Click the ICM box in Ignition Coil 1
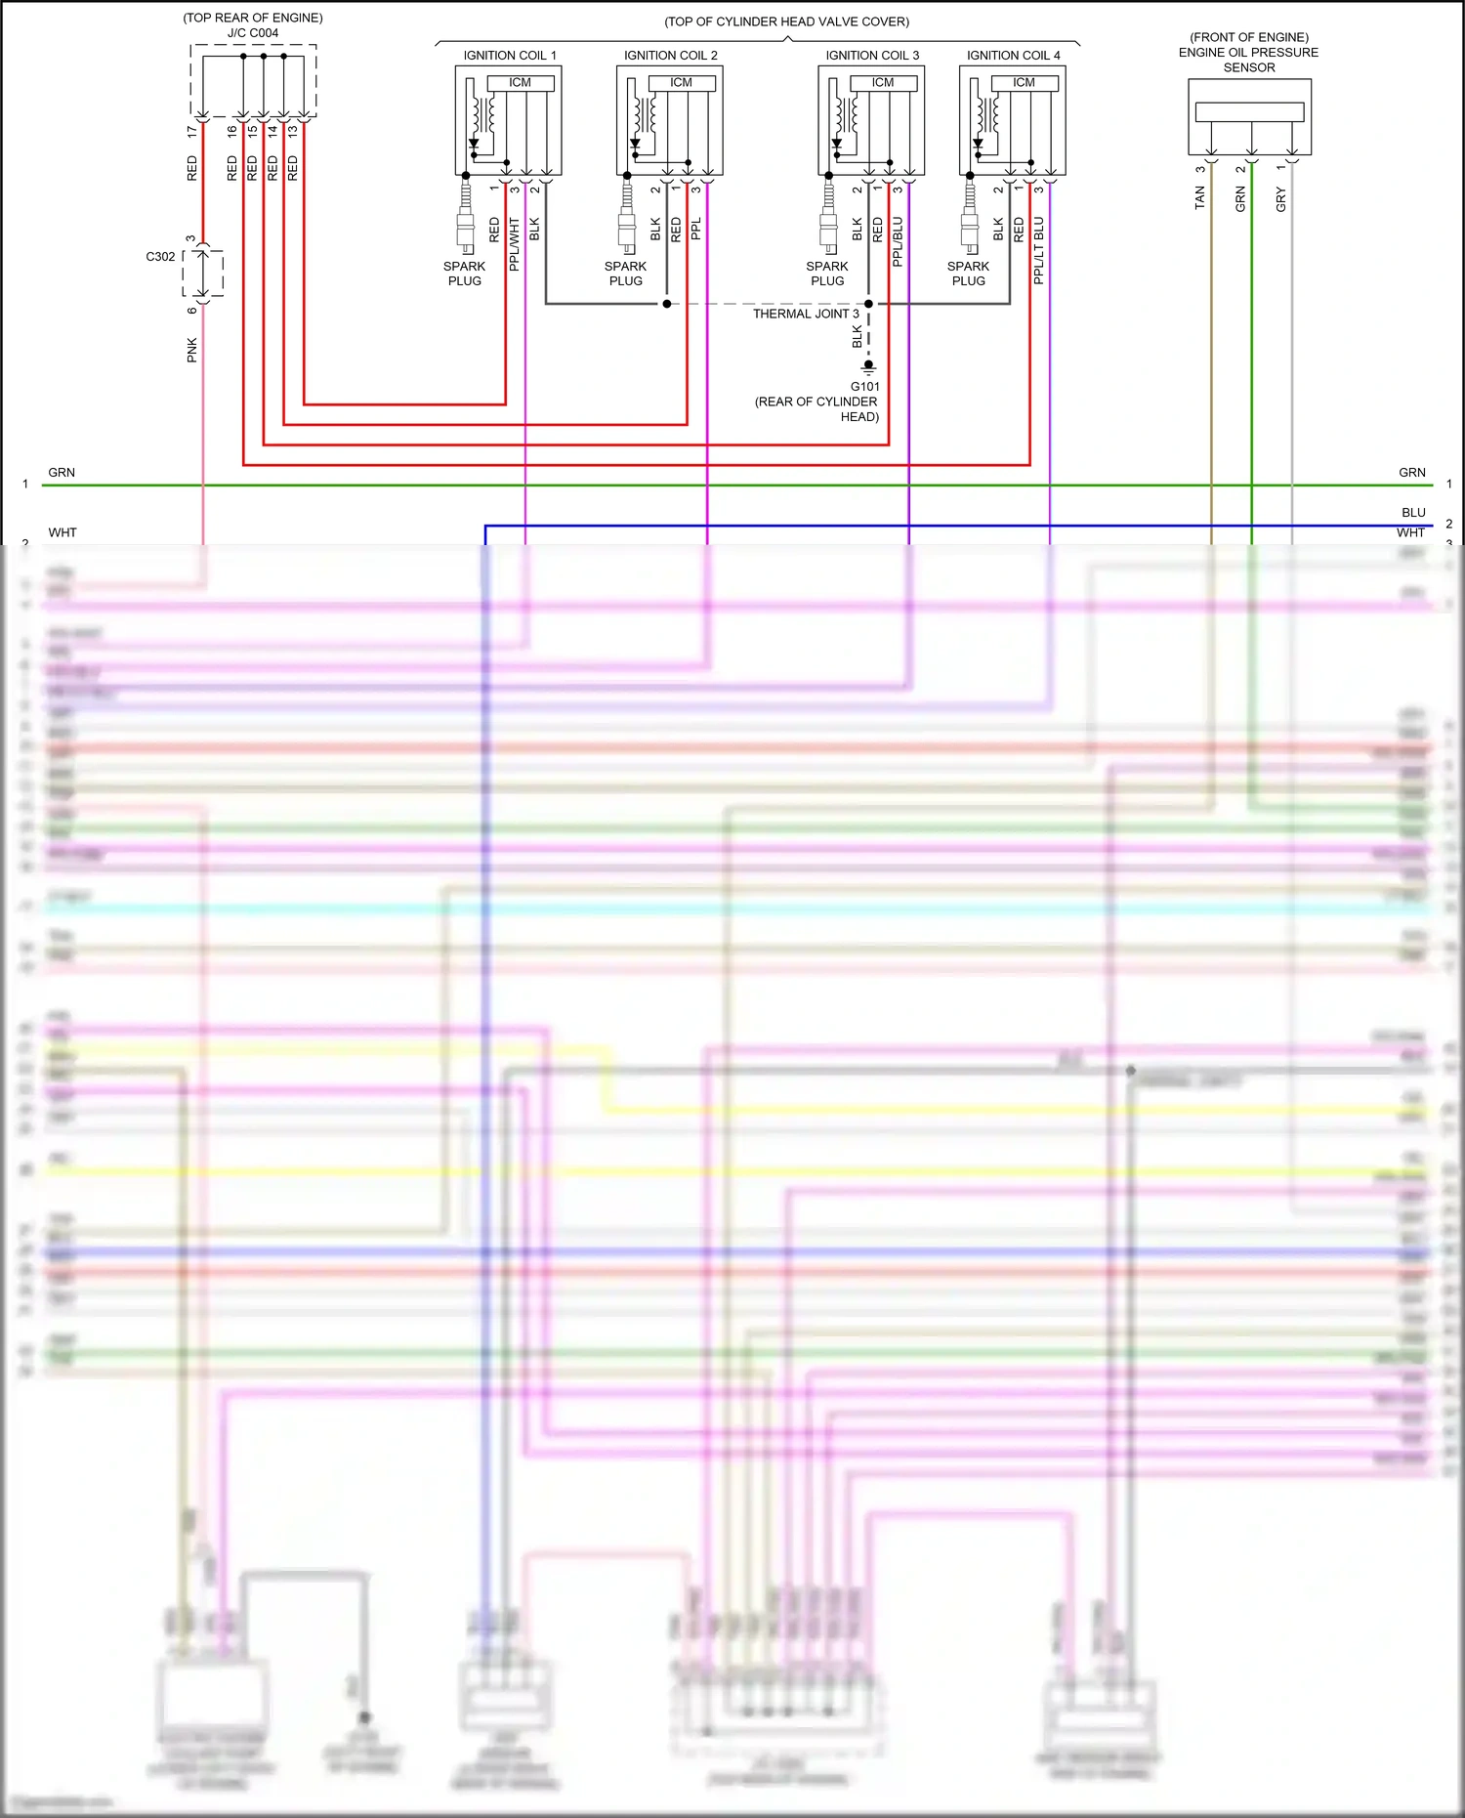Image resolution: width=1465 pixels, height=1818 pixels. (x=520, y=83)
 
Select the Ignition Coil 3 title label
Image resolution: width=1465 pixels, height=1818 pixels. (x=872, y=56)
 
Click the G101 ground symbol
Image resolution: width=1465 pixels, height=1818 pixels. (x=868, y=367)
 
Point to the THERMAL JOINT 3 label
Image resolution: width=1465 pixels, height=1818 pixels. (x=806, y=314)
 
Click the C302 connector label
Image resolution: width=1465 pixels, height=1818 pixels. (x=160, y=257)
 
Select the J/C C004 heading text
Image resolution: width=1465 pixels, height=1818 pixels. (x=253, y=33)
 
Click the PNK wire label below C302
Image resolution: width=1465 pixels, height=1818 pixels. (x=192, y=350)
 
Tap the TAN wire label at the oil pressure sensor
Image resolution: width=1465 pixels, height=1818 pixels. (x=1200, y=198)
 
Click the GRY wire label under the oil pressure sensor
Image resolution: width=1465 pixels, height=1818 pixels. (x=1281, y=199)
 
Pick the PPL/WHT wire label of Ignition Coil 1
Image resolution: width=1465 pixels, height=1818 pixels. (x=515, y=244)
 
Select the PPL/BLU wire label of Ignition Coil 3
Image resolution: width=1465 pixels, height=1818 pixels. (x=898, y=242)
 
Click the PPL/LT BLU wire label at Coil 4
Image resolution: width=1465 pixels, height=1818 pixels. (x=1039, y=251)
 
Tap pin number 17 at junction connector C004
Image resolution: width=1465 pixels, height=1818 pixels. (x=192, y=130)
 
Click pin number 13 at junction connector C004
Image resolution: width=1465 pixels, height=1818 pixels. (x=293, y=130)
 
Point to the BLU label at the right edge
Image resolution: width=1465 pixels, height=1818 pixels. (x=1413, y=512)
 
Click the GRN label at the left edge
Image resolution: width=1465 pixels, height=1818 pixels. (x=62, y=472)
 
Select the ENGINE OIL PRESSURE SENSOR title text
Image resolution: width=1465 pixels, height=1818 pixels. (x=1248, y=53)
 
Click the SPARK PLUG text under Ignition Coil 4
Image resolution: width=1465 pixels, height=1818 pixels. (x=968, y=274)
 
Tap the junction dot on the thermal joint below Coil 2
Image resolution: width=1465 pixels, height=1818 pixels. (x=667, y=304)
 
